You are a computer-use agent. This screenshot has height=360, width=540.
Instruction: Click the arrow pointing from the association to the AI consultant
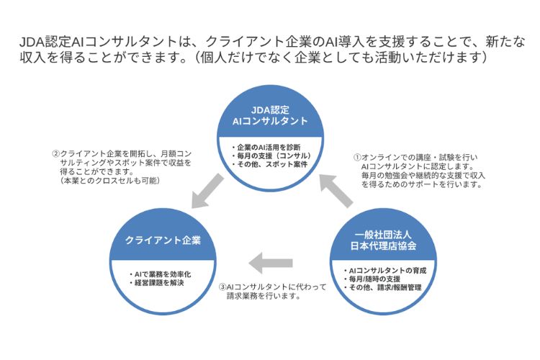336,191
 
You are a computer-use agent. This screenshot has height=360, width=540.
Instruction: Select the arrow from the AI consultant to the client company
207,191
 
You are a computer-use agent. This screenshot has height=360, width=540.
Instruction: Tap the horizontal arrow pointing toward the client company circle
271,264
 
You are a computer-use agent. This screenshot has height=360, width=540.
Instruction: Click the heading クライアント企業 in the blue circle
163,240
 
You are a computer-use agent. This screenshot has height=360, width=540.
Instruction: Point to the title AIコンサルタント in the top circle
270,121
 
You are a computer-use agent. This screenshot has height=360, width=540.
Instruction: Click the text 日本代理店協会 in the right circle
383,246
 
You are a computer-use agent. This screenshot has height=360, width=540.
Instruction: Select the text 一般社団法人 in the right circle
383,235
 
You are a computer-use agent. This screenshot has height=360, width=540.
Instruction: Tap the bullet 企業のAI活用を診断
266,148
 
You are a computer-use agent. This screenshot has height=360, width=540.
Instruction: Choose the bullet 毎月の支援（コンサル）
271,156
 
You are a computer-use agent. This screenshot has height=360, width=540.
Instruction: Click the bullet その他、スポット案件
269,165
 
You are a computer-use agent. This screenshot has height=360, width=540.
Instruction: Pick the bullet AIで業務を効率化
160,274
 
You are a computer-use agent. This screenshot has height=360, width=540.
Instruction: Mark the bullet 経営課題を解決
157,283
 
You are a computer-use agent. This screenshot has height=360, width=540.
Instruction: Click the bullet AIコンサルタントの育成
385,271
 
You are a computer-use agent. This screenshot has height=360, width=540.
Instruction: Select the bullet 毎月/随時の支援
372,279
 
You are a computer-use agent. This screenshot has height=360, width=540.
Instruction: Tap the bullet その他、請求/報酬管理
382,287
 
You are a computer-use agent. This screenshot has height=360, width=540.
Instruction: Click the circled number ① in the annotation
357,158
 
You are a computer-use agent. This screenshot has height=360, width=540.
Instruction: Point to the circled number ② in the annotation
55,153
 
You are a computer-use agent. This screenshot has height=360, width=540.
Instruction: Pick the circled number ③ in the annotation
222,287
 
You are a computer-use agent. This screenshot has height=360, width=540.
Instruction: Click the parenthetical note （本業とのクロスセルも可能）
110,181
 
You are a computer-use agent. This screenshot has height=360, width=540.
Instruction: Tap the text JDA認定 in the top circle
270,110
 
